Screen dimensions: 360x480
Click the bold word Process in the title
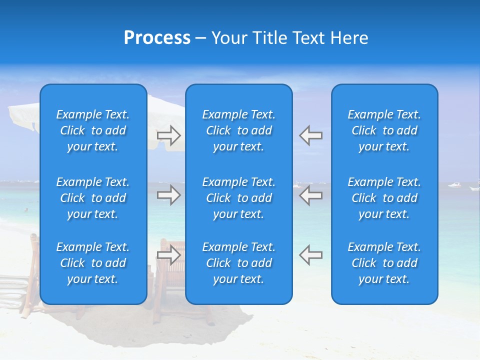157,38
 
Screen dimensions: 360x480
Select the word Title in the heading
270,38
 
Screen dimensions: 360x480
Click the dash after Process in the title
200,38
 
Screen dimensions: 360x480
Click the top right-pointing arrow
168,134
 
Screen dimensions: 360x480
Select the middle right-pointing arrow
168,195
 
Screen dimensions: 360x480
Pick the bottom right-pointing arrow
168,255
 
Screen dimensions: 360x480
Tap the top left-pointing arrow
311,134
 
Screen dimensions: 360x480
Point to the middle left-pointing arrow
311,195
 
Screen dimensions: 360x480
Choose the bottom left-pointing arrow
311,255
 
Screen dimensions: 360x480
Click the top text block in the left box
93,130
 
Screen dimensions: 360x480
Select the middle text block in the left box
93,198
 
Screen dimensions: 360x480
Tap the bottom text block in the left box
93,263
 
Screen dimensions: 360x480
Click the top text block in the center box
238,130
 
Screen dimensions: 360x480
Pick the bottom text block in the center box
238,263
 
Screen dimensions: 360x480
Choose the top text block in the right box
384,130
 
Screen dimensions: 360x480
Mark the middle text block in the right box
384,198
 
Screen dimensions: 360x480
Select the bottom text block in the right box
384,263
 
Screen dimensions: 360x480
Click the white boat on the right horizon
454,185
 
